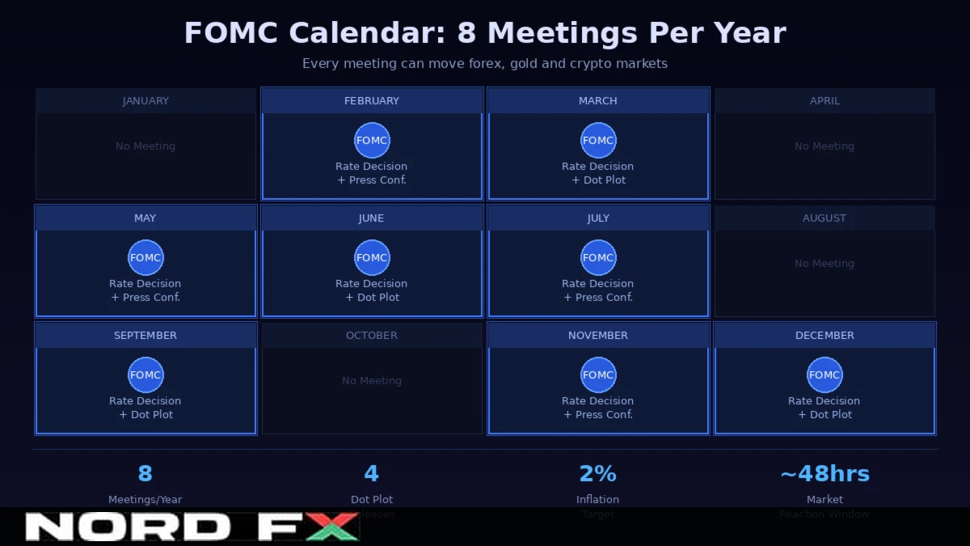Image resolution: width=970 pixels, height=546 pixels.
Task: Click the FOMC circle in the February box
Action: click(372, 140)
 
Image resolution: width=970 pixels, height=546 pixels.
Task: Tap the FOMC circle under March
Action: click(598, 140)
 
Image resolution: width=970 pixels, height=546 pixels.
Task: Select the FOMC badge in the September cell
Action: click(145, 375)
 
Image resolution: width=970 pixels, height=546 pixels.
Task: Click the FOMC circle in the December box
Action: click(824, 375)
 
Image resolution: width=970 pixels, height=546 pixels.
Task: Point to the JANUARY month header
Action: click(145, 101)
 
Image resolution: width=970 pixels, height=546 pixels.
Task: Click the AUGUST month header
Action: click(824, 218)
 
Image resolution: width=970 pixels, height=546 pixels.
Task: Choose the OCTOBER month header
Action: click(372, 336)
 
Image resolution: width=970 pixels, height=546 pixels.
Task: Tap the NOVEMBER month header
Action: click(598, 336)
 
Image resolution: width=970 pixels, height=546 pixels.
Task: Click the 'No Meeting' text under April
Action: click(824, 146)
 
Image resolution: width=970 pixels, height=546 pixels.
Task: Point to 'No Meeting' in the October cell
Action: click(372, 381)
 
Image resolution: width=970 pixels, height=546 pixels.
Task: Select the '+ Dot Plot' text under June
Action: click(372, 298)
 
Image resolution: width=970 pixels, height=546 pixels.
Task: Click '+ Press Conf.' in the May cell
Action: click(145, 298)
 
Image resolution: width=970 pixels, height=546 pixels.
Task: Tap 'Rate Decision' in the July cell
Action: click(598, 284)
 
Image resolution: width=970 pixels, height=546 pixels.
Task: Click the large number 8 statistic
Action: click(145, 474)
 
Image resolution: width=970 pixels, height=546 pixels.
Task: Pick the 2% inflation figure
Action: click(598, 474)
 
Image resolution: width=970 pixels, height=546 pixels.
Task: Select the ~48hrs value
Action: click(824, 474)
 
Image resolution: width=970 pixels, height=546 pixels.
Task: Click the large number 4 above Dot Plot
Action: click(372, 474)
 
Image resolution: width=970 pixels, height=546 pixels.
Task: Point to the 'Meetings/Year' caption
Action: click(145, 500)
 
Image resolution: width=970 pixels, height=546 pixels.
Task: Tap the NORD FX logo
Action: click(192, 527)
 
